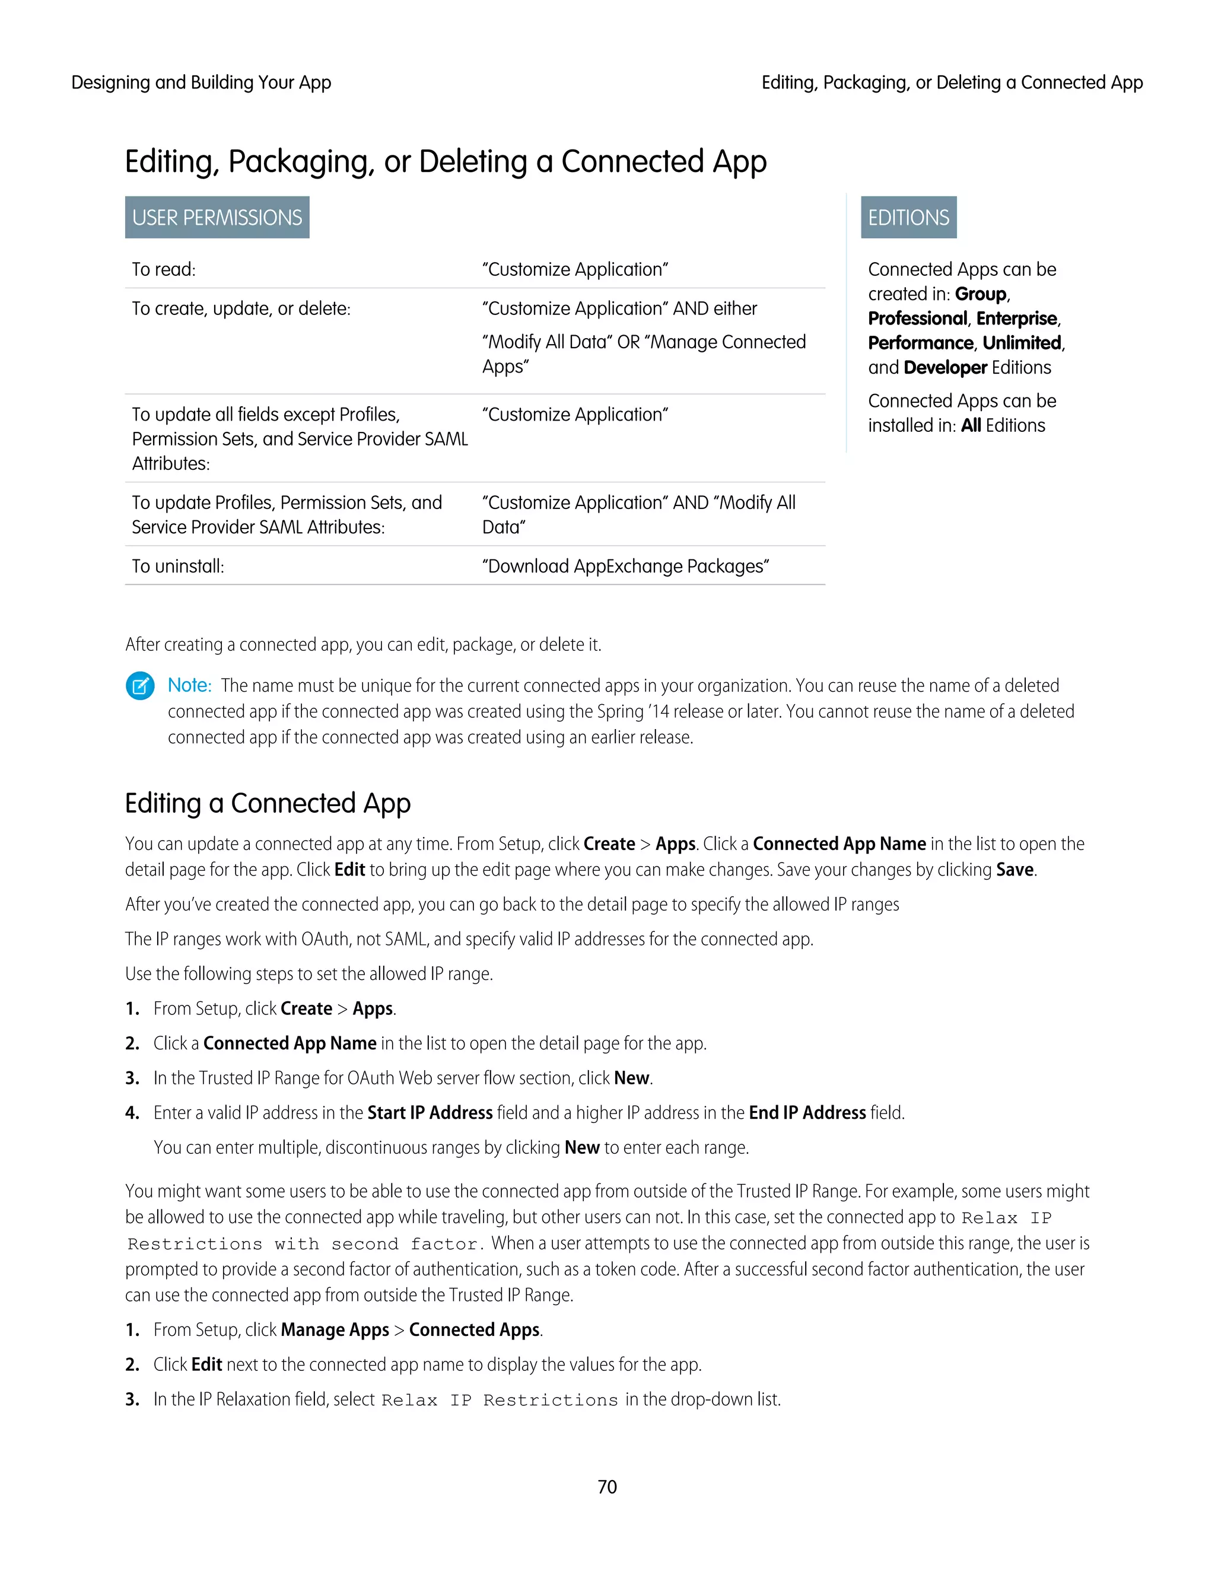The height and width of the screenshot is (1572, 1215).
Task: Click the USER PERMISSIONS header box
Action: coord(217,217)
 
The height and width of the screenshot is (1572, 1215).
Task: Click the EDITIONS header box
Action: coord(908,217)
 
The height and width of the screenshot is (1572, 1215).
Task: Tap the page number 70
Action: coord(607,1487)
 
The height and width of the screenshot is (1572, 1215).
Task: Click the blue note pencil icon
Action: coord(141,685)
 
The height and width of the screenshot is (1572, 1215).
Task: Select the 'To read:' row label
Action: coord(163,269)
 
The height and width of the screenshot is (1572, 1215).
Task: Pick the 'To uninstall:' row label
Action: coord(178,567)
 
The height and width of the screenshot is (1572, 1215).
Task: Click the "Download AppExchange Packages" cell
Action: coord(625,567)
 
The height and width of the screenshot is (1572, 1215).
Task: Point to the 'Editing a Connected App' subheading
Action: coord(268,803)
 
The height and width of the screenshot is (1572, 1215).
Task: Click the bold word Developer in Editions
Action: coord(945,368)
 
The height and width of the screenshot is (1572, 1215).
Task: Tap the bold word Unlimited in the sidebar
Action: coord(1022,343)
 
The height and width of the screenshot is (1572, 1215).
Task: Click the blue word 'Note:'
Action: coord(189,685)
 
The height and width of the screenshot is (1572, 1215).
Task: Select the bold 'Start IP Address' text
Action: coord(430,1113)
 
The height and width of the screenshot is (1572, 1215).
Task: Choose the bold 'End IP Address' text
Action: coord(807,1113)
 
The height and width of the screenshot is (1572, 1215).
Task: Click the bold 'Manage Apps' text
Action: coord(335,1330)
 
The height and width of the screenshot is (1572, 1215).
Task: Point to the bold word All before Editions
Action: coord(971,425)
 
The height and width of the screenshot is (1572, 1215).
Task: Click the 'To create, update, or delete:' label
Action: coord(241,309)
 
